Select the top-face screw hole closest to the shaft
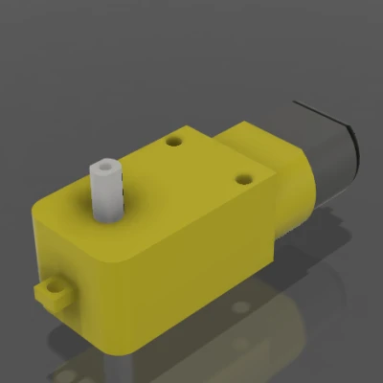click(x=173, y=141)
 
